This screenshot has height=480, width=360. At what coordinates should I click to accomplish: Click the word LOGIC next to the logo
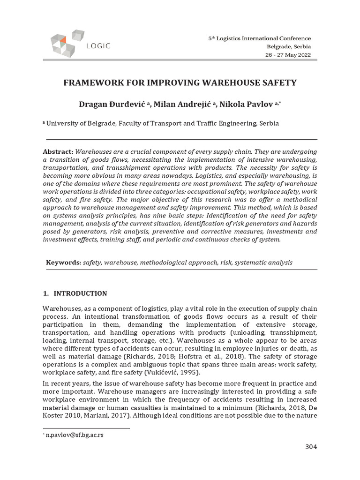(x=98, y=46)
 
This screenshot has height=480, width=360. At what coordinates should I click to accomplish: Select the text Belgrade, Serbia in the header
(x=289, y=46)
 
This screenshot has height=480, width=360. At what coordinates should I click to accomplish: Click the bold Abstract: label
(x=58, y=152)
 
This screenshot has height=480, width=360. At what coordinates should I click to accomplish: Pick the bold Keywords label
(x=63, y=262)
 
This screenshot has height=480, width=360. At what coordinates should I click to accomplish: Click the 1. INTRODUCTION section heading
(x=75, y=294)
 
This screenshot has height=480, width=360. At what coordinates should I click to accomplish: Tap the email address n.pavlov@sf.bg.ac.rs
(x=75, y=435)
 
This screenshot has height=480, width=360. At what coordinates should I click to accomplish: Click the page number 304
(x=311, y=447)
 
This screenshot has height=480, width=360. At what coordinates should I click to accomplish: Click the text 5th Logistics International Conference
(x=260, y=38)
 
